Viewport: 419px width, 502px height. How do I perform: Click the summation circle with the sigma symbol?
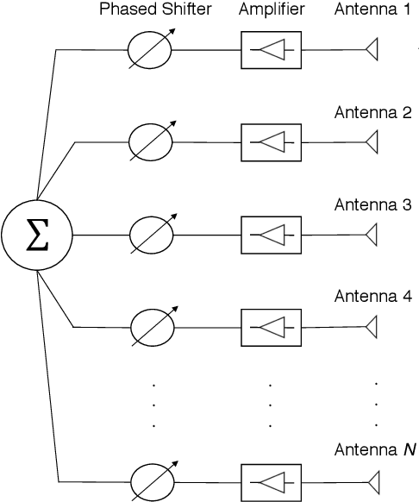[36, 235]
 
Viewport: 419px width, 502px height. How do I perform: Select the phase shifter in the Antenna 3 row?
[151, 235]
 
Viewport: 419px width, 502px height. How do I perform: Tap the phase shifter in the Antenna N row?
[151, 480]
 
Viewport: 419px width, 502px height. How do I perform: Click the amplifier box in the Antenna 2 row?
[269, 141]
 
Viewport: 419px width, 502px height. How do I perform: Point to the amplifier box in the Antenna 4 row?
[269, 327]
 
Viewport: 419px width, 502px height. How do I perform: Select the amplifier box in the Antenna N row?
[269, 480]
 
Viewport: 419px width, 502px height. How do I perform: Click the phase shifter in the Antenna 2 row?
[151, 141]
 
